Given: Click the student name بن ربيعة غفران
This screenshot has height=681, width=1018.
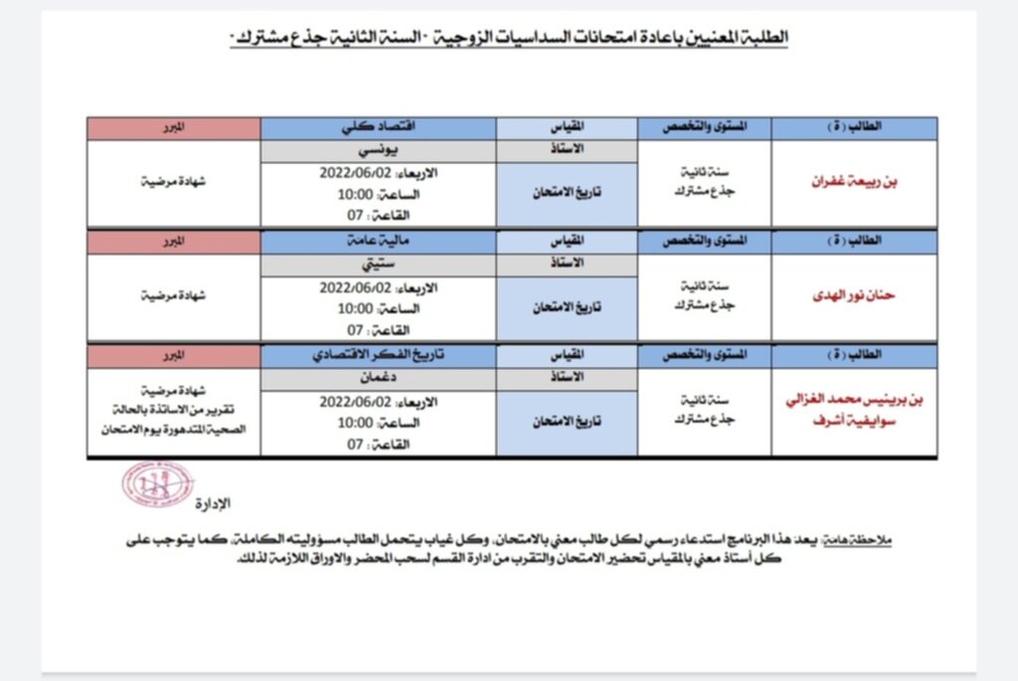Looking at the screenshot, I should point(854,184).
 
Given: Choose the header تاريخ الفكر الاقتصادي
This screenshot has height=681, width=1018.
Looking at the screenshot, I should point(378,356).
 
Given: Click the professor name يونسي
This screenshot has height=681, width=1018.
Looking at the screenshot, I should point(378,150).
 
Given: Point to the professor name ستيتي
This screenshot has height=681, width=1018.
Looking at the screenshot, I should point(378,264).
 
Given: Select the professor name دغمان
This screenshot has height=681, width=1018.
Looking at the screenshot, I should point(378,379).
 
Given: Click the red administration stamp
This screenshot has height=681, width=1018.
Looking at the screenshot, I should point(157,482).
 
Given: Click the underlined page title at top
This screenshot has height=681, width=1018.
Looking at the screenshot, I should point(508,37).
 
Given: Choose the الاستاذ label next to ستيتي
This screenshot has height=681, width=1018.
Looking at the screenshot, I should point(566,264).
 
